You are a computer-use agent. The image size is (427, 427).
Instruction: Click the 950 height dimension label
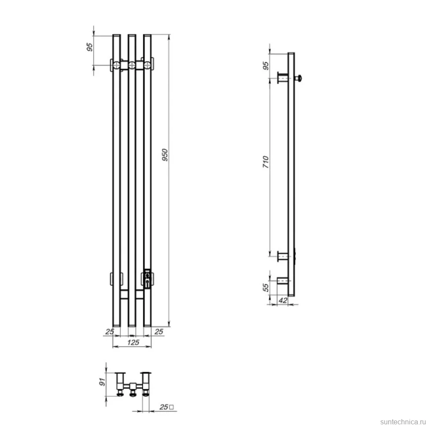click(x=165, y=155)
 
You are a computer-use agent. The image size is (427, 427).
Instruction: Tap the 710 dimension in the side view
click(x=266, y=162)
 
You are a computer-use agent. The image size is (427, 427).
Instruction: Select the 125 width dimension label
click(x=133, y=342)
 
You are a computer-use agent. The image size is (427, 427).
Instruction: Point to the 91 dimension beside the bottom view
click(x=103, y=382)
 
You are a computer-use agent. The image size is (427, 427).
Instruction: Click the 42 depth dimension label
click(x=283, y=300)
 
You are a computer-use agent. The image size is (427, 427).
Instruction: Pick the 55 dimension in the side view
click(x=266, y=287)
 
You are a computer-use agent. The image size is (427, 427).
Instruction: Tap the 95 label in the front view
click(x=90, y=47)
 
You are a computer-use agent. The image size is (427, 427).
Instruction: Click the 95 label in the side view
click(x=266, y=66)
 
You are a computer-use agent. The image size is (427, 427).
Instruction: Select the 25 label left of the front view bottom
click(x=110, y=331)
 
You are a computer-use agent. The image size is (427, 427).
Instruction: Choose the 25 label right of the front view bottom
click(x=159, y=331)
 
